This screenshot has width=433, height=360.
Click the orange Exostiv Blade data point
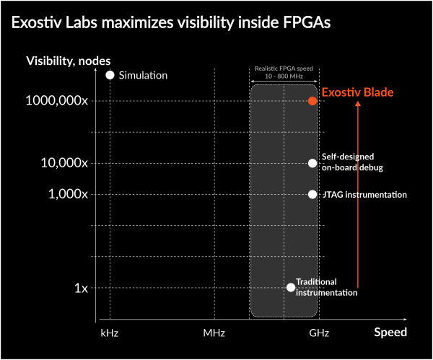(312, 101)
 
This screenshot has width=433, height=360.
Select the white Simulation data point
(110, 75)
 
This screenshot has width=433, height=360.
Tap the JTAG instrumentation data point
(312, 194)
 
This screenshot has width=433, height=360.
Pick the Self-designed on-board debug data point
(312, 163)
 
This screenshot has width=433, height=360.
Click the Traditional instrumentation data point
(291, 287)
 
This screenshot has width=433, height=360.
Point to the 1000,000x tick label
(56, 101)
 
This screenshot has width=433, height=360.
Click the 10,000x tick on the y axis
(64, 163)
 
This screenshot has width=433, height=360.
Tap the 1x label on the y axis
(81, 288)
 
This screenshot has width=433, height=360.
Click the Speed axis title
(390, 332)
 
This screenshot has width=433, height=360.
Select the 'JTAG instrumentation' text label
(364, 195)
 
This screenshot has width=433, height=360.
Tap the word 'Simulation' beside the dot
(144, 75)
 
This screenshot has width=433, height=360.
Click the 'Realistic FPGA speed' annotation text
(283, 69)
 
